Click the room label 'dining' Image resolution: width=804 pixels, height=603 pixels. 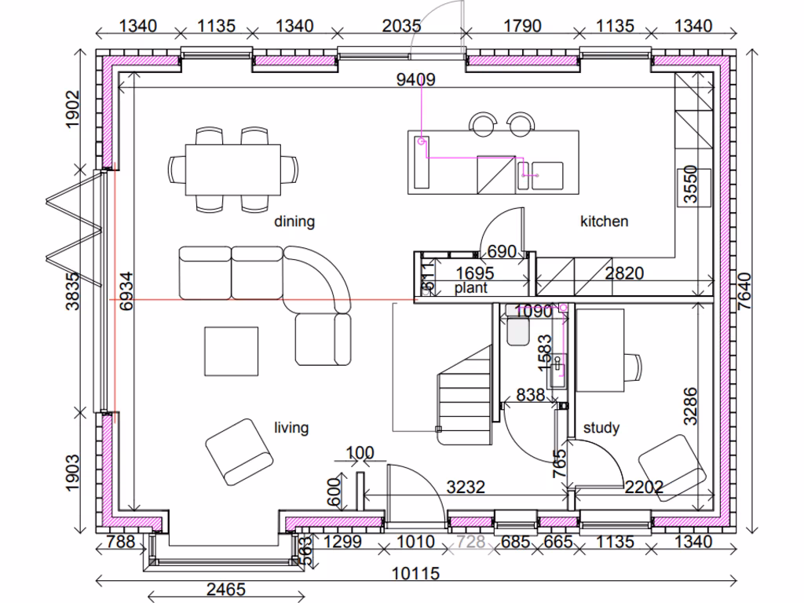point(294,221)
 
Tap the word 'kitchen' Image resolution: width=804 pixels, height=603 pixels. point(604,221)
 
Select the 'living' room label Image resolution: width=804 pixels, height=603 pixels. point(291,428)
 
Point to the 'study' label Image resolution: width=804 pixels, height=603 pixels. point(601,428)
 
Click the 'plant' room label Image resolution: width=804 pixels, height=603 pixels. point(471,288)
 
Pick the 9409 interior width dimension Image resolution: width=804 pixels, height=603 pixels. point(416,79)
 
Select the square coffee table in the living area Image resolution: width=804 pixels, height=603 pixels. point(232,352)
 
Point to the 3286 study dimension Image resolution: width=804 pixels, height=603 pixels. point(691,405)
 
